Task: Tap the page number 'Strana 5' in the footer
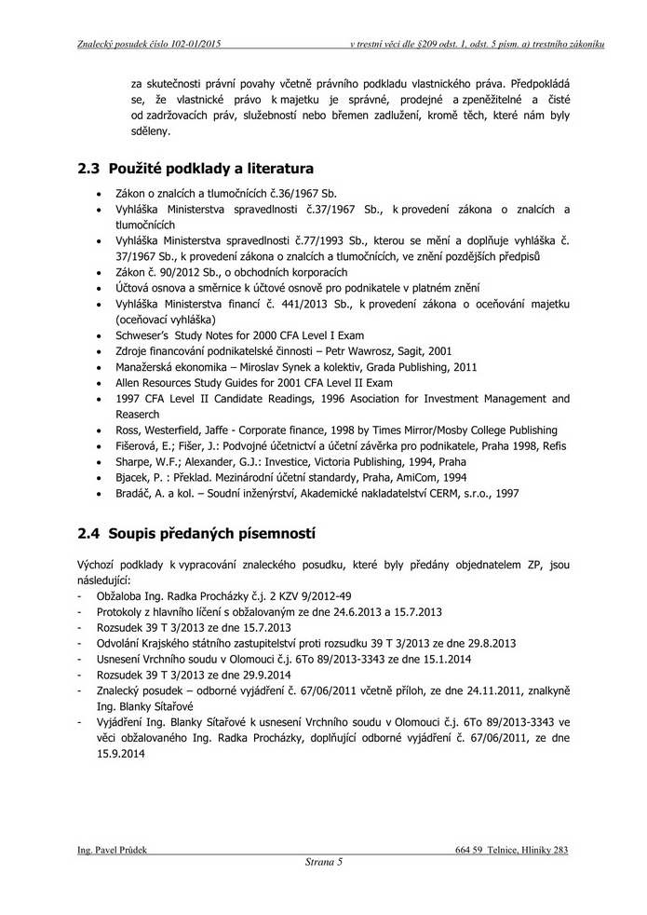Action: pyautogui.click(x=324, y=862)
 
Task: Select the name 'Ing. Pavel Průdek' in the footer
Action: pyautogui.click(x=112, y=850)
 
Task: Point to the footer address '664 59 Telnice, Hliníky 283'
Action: pyautogui.click(x=512, y=850)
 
